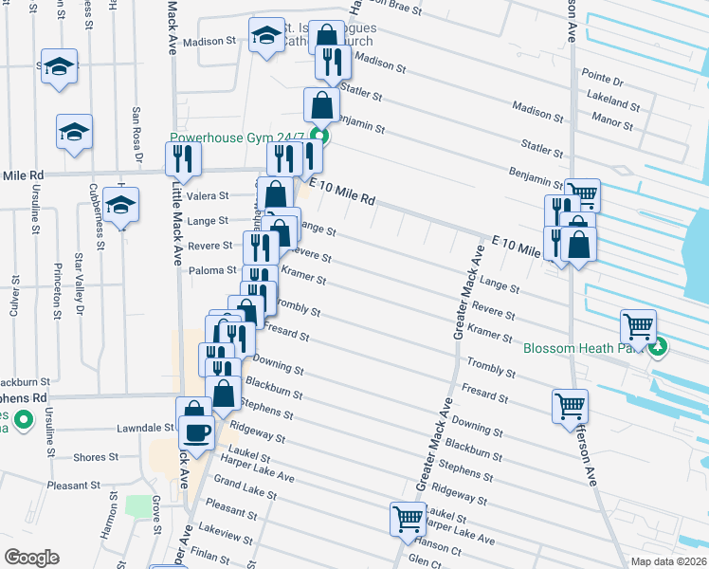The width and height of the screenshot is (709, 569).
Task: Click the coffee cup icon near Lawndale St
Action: point(196,432)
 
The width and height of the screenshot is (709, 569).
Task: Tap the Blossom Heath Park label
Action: point(583,346)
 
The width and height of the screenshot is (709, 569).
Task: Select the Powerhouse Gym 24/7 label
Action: point(241,137)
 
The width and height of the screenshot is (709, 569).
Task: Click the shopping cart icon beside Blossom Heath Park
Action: point(639,326)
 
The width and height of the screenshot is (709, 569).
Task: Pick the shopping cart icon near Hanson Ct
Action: point(408,519)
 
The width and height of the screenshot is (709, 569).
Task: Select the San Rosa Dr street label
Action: point(136,134)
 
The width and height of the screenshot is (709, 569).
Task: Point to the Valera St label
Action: point(208,196)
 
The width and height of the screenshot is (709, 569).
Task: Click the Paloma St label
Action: point(210,269)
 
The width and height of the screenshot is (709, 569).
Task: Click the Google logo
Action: point(31,557)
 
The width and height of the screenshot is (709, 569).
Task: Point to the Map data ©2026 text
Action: point(667,560)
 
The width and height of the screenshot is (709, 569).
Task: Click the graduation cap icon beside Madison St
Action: point(266,36)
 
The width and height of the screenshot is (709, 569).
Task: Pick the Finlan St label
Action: point(220,549)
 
